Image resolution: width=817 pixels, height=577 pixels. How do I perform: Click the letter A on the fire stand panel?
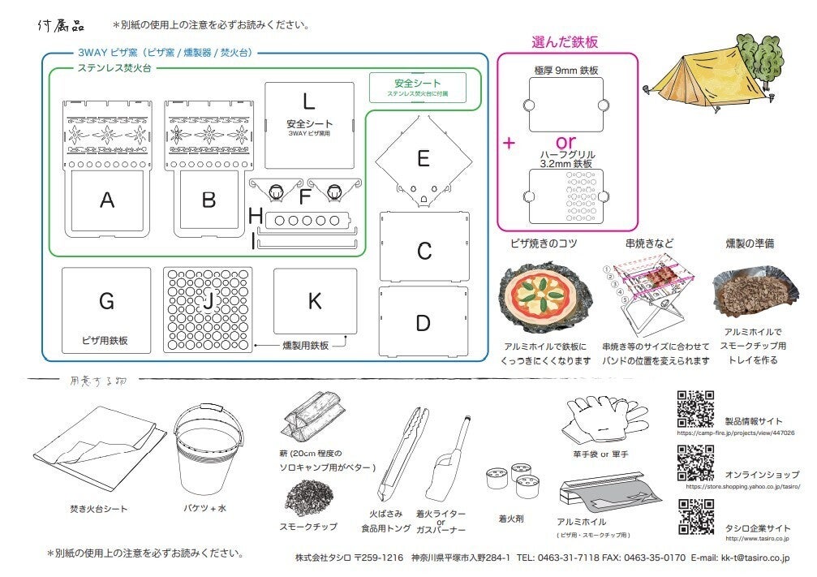(x=106, y=200)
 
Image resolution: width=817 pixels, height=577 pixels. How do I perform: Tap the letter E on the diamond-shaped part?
(x=423, y=158)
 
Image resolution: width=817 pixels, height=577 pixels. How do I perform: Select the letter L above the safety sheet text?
(x=308, y=101)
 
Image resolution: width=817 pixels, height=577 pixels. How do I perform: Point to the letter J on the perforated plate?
(x=209, y=301)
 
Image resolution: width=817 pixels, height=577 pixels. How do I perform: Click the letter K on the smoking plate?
(x=315, y=301)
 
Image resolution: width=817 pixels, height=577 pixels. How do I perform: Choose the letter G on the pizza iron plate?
(x=106, y=302)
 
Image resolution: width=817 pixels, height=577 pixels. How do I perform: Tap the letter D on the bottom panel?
(x=423, y=323)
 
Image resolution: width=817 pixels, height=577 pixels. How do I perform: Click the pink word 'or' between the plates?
(x=565, y=140)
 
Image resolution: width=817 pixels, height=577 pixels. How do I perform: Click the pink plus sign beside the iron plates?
(x=510, y=143)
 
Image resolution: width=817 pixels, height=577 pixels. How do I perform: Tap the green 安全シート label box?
(x=418, y=87)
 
